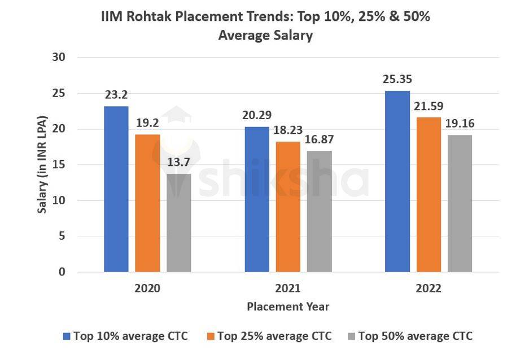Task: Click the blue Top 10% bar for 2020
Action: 116,189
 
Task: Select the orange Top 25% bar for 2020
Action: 147,203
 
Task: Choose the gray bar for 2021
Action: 320,212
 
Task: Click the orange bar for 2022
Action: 429,195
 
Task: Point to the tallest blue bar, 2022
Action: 397,181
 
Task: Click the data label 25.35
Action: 397,79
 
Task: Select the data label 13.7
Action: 179,163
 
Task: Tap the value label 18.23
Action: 288,130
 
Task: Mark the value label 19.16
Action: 460,124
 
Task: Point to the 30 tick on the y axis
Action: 58,58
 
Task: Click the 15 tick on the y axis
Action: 58,165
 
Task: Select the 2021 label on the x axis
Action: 288,288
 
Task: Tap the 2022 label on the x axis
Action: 429,288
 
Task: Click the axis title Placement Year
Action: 288,307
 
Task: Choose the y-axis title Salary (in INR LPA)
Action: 42,164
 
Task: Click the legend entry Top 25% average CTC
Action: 274,336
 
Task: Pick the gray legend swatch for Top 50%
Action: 351,337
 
